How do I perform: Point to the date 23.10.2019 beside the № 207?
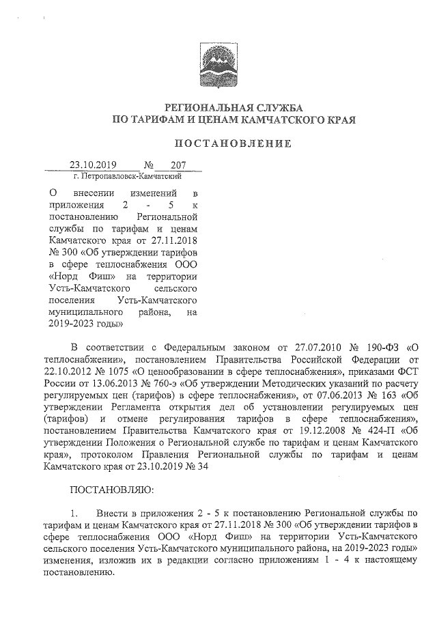[94, 165]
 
